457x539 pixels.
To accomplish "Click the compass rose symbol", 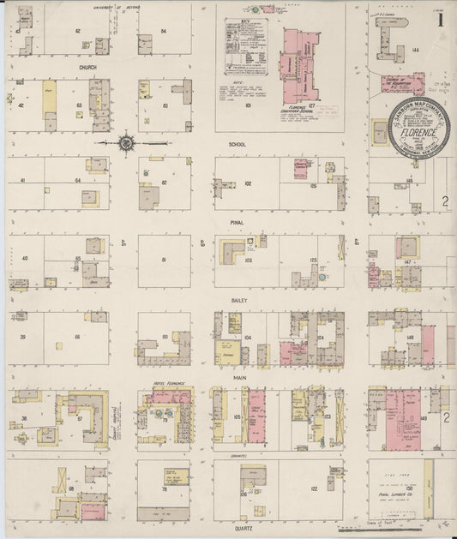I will (126, 143).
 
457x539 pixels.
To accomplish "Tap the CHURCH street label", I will (87, 67).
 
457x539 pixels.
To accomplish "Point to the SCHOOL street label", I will (237, 144).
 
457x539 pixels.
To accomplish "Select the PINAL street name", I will (237, 221).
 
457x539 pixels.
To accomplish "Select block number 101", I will (246, 105).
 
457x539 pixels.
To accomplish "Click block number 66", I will (77, 337).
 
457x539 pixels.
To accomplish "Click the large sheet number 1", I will (441, 16).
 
